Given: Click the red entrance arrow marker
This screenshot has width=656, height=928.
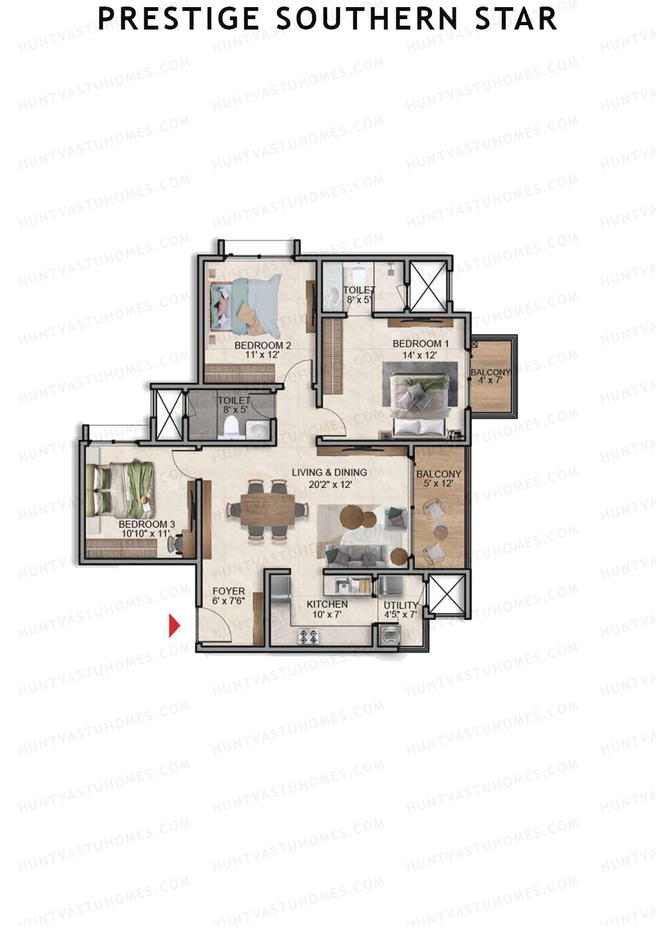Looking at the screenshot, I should click(174, 626).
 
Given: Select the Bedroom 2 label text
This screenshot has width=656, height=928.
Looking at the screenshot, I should click(262, 350).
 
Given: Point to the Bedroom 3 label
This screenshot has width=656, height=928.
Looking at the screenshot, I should click(147, 529).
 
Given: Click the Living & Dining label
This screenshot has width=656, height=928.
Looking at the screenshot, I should click(329, 478).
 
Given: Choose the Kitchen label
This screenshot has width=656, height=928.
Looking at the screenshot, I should click(327, 609).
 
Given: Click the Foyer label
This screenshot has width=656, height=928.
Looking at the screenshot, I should click(229, 596).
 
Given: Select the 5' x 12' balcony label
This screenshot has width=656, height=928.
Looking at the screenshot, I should click(438, 478).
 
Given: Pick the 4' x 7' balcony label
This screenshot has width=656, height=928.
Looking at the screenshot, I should click(490, 376).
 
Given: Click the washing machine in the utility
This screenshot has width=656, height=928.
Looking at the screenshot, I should click(389, 636).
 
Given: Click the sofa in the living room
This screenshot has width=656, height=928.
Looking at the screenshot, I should click(354, 555).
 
